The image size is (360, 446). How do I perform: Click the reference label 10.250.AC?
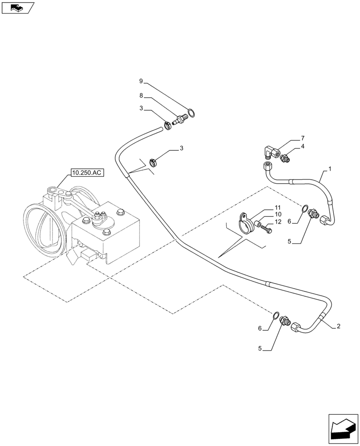[86, 172]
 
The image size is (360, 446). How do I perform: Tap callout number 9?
[141, 81]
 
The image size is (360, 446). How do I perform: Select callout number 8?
[141, 95]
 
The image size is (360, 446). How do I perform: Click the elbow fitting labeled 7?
[269, 151]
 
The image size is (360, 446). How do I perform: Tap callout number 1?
[330, 169]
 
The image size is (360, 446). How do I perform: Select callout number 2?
[339, 326]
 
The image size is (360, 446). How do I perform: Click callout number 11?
[277, 208]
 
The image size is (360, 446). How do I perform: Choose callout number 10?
[277, 215]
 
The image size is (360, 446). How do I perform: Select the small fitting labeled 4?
[285, 157]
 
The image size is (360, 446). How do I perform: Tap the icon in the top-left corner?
[17, 8]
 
